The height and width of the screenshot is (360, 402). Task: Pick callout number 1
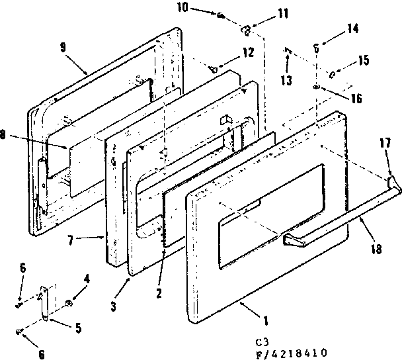[x=265, y=322]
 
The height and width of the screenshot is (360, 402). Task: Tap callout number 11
[x=264, y=12]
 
